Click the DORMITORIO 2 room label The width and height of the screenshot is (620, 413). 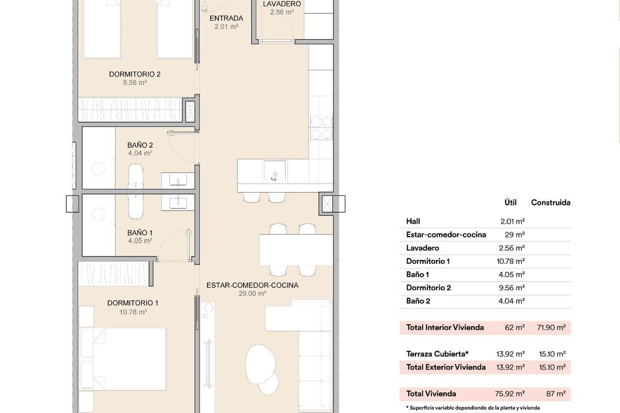pos(135,74)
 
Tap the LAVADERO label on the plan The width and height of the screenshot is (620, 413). pos(282,4)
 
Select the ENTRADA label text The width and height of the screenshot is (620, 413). pos(226,19)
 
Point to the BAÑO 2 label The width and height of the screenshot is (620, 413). pos(140,145)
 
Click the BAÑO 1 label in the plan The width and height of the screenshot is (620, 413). pos(140,232)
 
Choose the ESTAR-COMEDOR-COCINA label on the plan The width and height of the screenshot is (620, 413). pos(252,285)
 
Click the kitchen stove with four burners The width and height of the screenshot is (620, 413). pos(320,127)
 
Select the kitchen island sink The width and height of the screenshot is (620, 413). pos(274,170)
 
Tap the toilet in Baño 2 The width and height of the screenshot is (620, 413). pos(136,176)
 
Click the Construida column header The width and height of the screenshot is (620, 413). pos(551,203)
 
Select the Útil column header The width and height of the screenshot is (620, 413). pos(511,203)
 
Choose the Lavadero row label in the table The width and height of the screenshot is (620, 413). pos(423,248)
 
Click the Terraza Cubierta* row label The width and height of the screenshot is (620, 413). pos(437,354)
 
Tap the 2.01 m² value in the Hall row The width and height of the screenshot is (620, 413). pos(513,221)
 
